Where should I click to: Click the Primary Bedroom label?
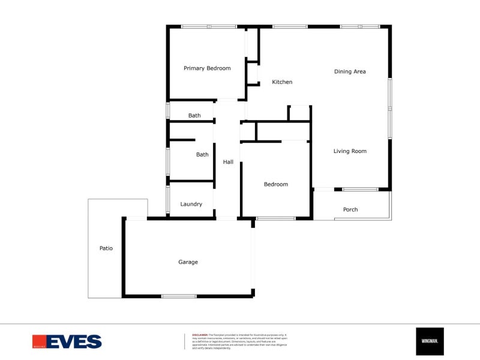point(207,68)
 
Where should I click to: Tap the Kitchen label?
point(282,82)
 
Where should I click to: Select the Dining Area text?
point(350,72)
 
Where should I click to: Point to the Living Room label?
point(350,151)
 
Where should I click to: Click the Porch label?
point(350,209)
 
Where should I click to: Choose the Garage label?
point(188,262)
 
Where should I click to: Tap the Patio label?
point(106,248)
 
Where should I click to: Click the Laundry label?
point(191,205)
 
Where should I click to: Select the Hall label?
point(228,162)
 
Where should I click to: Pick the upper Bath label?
point(194,116)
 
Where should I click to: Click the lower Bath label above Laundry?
point(202,155)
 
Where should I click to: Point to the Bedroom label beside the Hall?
point(276,184)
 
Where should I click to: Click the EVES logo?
point(67,341)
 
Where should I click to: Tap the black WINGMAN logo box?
point(430,341)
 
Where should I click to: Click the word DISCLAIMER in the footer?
point(200,335)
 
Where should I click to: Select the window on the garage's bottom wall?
point(179,296)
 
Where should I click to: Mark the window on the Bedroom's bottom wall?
point(276,218)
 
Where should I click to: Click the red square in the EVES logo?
point(40,341)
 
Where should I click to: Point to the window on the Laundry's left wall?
point(167,200)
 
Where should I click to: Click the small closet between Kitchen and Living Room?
point(299,113)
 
